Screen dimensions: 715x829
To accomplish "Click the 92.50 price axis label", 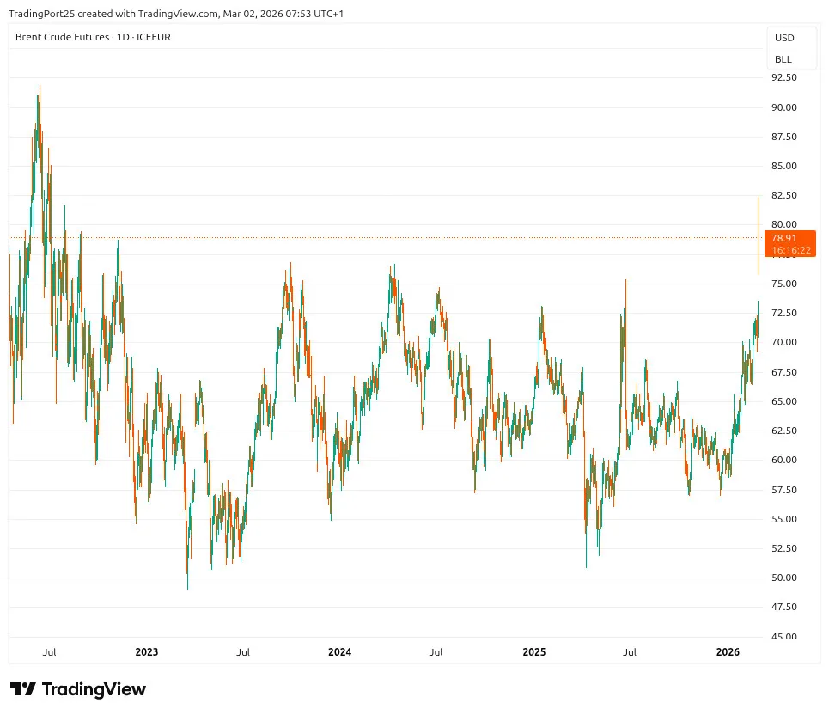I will click(x=784, y=77).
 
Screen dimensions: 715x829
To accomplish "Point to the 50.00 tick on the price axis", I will click(x=784, y=577).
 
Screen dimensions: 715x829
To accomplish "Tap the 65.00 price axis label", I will click(x=784, y=401).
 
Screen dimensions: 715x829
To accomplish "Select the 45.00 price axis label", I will click(x=784, y=637).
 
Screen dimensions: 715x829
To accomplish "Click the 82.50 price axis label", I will click(x=784, y=195).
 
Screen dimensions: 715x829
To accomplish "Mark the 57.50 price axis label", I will click(x=784, y=490).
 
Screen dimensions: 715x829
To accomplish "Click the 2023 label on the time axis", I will click(x=147, y=652).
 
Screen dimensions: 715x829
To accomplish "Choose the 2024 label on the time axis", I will click(x=340, y=652).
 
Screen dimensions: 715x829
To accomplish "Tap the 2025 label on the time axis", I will click(x=534, y=652).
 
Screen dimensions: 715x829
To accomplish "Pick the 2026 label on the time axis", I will click(x=728, y=652).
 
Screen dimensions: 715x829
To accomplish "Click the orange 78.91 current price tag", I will click(x=784, y=238).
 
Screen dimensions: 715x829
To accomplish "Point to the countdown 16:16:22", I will click(x=790, y=250).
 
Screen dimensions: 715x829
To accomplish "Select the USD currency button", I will click(x=783, y=38).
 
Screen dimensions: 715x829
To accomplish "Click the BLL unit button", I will click(x=783, y=59).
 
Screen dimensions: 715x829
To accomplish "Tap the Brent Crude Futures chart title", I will click(x=63, y=37).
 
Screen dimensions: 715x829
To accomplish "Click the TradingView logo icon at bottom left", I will click(x=22, y=689).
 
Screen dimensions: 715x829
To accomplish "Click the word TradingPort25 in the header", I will click(x=39, y=13).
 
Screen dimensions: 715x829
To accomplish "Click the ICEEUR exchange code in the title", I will click(x=152, y=37).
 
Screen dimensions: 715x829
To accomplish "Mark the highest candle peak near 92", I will click(x=39, y=85).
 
